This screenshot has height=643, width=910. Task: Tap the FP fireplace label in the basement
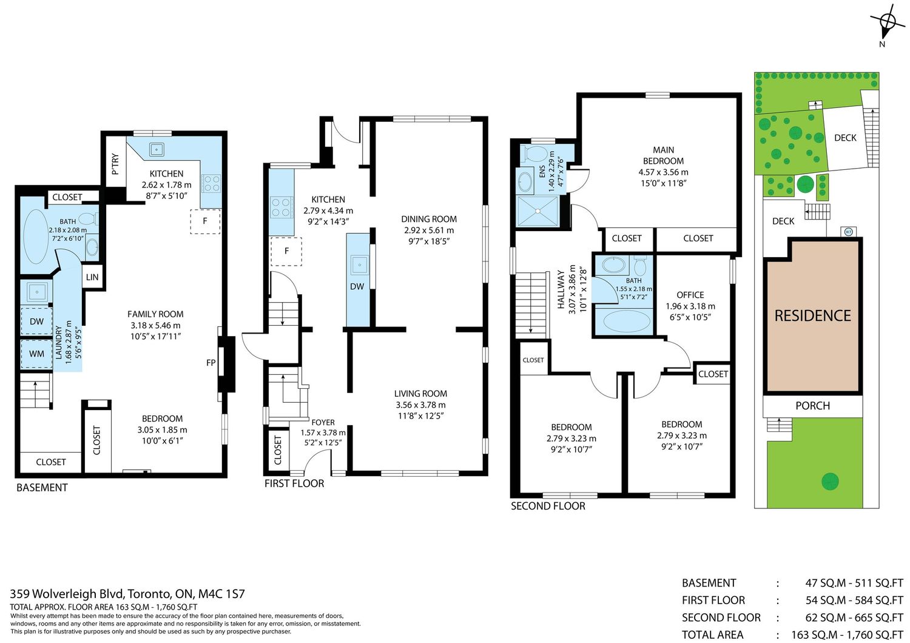tap(211, 363)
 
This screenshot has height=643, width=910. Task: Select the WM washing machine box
tap(36, 354)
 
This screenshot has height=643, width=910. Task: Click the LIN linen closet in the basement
tap(92, 277)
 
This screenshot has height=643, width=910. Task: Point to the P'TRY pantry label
tap(115, 164)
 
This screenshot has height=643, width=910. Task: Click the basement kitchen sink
tap(157, 149)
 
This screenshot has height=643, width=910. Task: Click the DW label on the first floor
tap(357, 286)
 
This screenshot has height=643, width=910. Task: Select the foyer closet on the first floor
tap(277, 449)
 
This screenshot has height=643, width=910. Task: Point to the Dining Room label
tap(429, 219)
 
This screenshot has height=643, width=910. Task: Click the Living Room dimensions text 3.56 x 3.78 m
tap(421, 405)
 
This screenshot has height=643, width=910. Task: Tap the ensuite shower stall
tap(538, 211)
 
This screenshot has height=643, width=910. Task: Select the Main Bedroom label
tap(664, 155)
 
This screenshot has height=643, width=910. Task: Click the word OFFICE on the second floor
tap(690, 295)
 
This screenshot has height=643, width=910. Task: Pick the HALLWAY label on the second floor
tap(561, 289)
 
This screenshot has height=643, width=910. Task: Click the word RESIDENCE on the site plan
tap(812, 315)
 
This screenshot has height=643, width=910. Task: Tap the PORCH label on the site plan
tap(812, 405)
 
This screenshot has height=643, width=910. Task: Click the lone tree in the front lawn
tap(830, 482)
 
